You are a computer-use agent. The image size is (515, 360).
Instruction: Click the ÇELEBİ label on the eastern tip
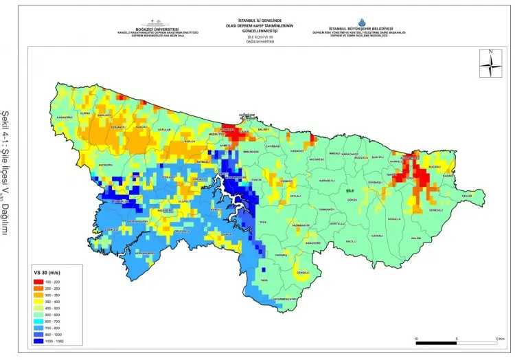468,196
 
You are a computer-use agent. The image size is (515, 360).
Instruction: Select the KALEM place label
415,238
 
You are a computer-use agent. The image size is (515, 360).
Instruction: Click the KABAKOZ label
297,150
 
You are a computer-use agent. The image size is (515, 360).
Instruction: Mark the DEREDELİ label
437,210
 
